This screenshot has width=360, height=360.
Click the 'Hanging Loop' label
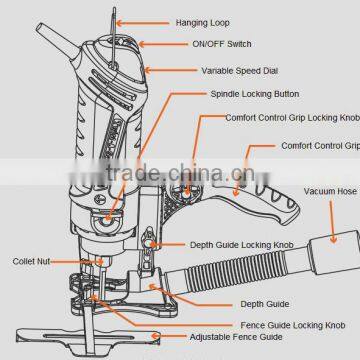(204, 21)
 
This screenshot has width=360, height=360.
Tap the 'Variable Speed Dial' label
(238, 71)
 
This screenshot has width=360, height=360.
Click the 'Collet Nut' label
(31, 261)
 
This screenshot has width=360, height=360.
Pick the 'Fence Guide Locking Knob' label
(292, 325)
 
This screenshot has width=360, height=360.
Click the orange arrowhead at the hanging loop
(116, 21)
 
